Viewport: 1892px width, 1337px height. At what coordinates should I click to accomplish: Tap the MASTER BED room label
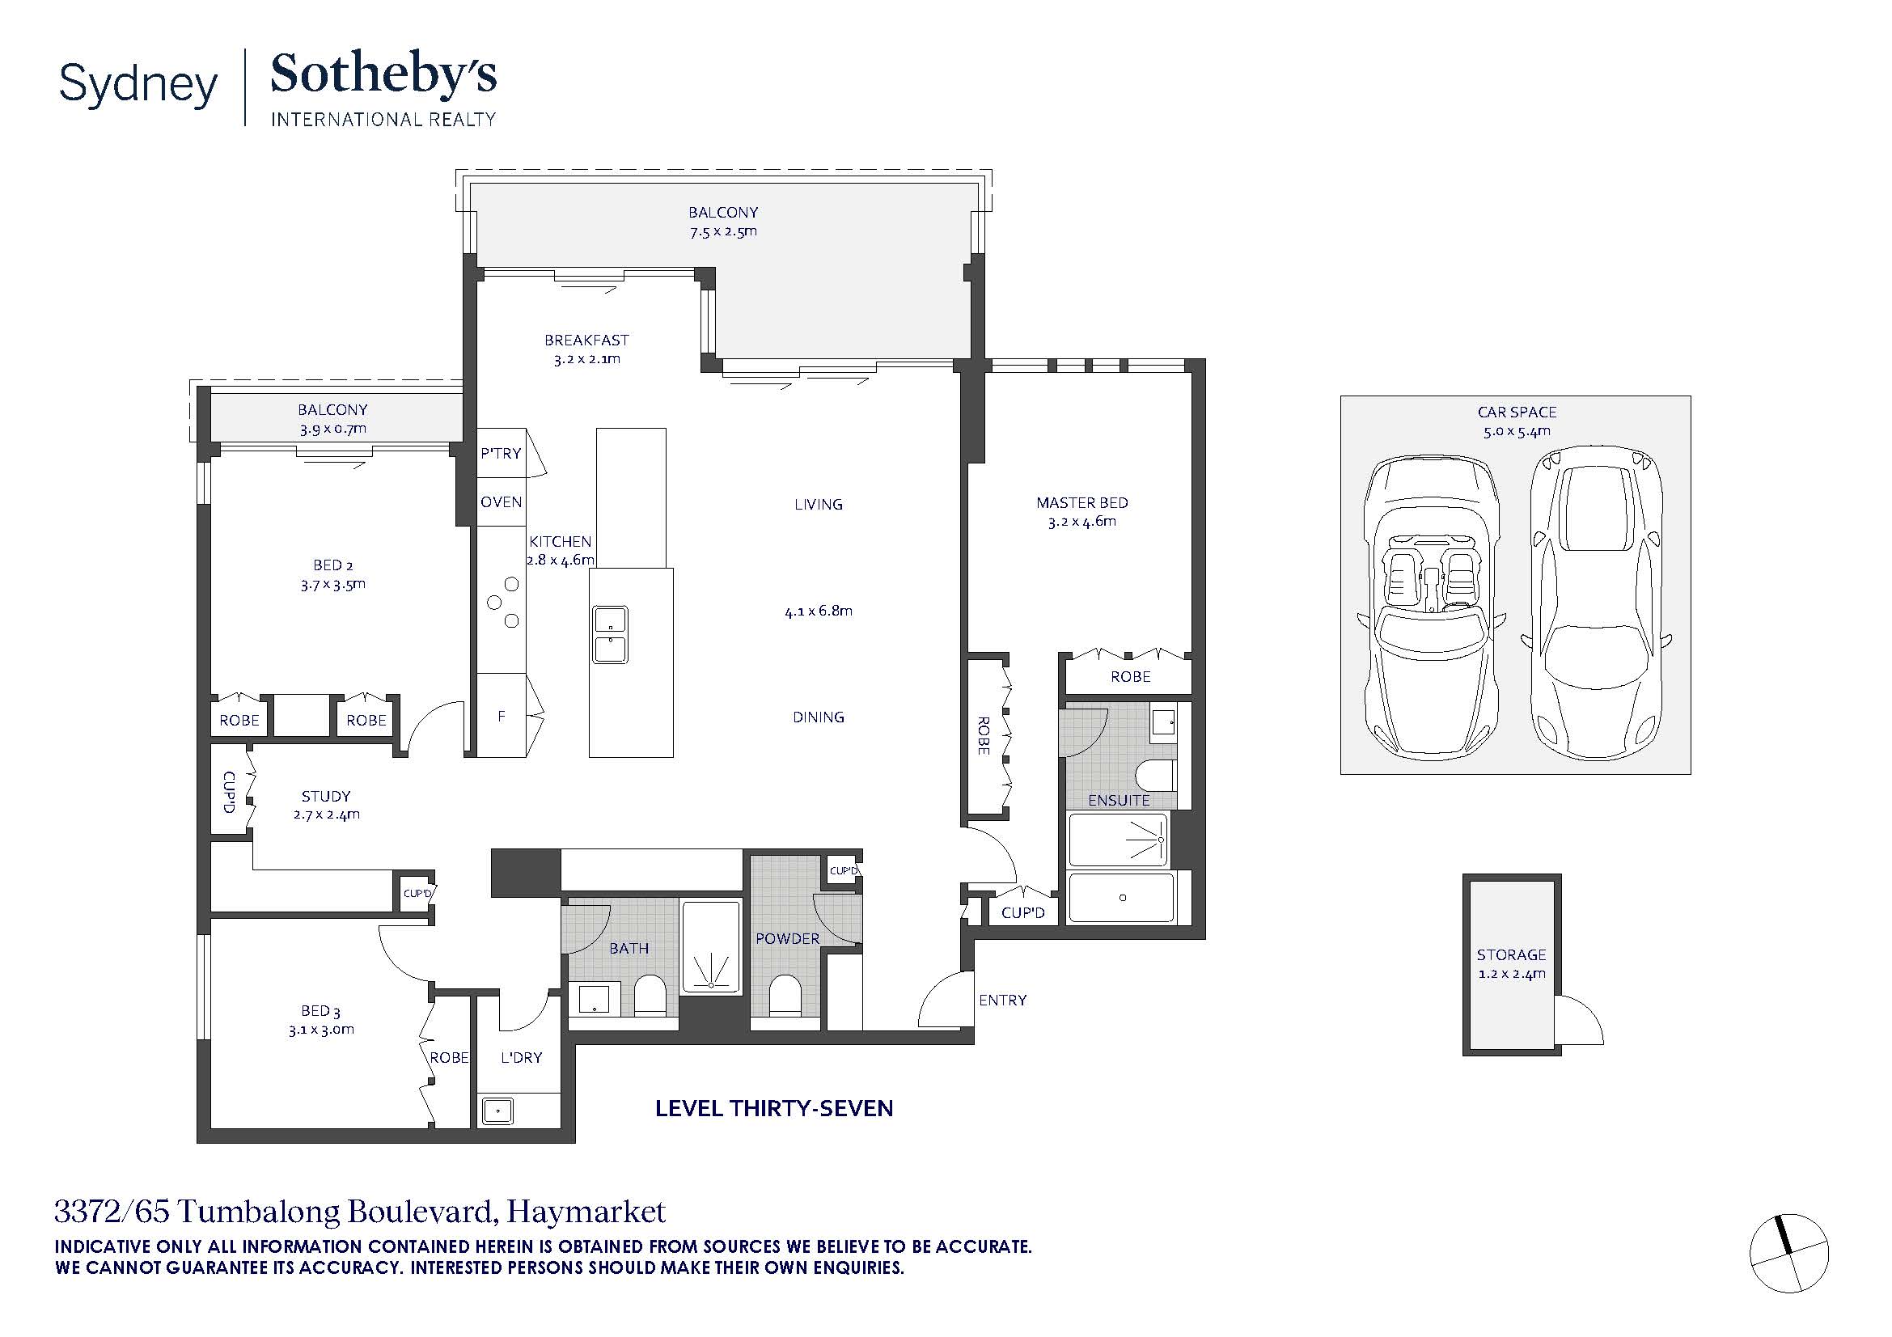pyautogui.click(x=1082, y=502)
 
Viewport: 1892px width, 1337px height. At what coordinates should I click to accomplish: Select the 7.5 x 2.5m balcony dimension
pyautogui.click(x=723, y=231)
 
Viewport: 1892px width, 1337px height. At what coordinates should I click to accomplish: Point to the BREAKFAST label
pyautogui.click(x=586, y=341)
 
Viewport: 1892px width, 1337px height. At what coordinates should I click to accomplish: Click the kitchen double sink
pyautogui.click(x=611, y=634)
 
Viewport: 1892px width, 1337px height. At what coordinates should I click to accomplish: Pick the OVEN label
pyautogui.click(x=502, y=501)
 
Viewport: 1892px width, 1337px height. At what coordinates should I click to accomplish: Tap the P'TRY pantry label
pyautogui.click(x=501, y=453)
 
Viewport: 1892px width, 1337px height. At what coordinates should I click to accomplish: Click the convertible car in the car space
pyautogui.click(x=1433, y=607)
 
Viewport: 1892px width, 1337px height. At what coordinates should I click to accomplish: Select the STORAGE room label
pyautogui.click(x=1511, y=954)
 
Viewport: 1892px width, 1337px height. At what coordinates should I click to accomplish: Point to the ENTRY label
pyautogui.click(x=1003, y=1000)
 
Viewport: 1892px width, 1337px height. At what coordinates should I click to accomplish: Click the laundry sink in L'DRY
pyautogui.click(x=497, y=1111)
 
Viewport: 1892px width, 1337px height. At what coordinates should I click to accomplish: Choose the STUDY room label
pyautogui.click(x=326, y=797)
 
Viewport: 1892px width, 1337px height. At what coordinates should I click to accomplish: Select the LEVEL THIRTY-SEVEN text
pyautogui.click(x=775, y=1108)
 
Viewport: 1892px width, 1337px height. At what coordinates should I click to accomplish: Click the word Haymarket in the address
pyautogui.click(x=586, y=1212)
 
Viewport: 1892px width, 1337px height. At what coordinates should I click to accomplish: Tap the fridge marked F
pyautogui.click(x=502, y=716)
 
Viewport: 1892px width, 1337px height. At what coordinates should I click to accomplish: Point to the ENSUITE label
pyautogui.click(x=1119, y=801)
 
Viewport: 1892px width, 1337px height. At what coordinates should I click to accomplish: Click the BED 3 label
pyautogui.click(x=320, y=1011)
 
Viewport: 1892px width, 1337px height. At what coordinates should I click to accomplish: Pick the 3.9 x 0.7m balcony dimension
pyautogui.click(x=333, y=429)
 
